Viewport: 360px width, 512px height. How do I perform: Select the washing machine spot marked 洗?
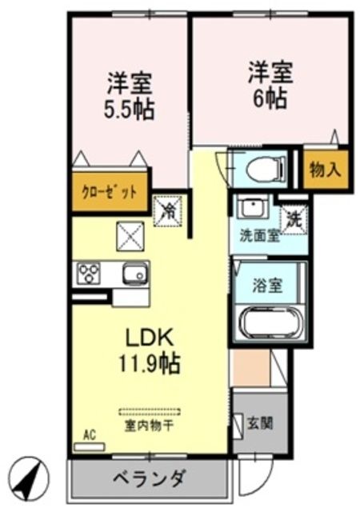click(x=293, y=215)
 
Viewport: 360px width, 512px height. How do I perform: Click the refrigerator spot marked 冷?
click(x=169, y=211)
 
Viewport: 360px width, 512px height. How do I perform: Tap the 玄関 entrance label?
click(x=270, y=421)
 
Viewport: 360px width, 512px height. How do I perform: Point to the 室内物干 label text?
click(x=150, y=426)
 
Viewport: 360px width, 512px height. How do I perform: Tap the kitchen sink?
click(x=134, y=274)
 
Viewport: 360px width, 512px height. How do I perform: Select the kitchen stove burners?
click(x=86, y=274)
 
